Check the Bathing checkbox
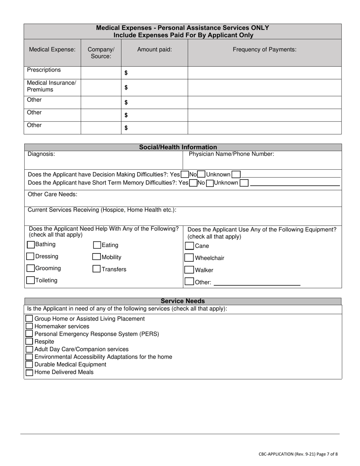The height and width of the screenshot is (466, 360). click(x=31, y=245)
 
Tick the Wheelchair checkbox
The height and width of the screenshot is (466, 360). click(x=189, y=258)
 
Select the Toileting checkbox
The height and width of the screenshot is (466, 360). click(x=30, y=280)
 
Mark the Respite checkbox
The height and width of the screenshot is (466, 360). click(x=29, y=341)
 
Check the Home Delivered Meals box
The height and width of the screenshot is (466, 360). click(x=29, y=372)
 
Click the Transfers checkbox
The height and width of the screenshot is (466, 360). click(x=97, y=269)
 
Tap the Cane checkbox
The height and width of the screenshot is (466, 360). click(x=189, y=246)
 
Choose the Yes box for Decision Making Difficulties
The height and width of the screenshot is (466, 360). click(x=185, y=175)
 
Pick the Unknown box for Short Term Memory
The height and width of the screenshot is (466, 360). click(x=244, y=183)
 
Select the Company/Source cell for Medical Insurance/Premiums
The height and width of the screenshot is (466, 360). click(x=101, y=88)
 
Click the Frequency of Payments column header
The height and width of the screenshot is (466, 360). click(x=264, y=49)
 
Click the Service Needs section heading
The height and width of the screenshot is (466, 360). click(x=183, y=301)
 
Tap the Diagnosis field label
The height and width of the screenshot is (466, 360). click(x=41, y=154)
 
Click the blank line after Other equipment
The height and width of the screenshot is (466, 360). click(x=257, y=282)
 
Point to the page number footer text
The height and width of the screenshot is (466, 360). click(x=298, y=454)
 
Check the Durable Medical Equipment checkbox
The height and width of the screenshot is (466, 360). click(x=29, y=364)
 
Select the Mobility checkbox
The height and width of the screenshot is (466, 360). click(x=97, y=257)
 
